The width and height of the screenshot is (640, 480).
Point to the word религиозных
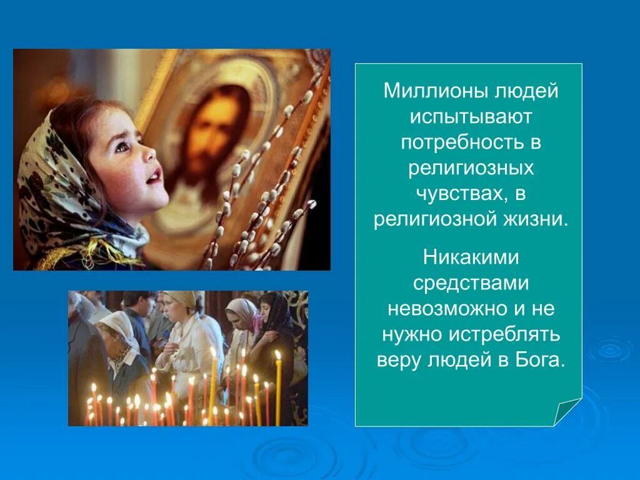[471, 169]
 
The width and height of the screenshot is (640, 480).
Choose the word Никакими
[471, 256]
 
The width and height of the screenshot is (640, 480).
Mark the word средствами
[471, 282]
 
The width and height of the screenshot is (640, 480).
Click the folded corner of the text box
[567, 412]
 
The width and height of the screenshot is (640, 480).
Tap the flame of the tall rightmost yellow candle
[277, 355]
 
